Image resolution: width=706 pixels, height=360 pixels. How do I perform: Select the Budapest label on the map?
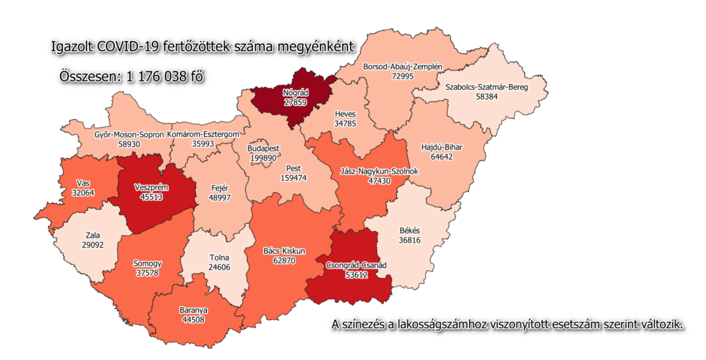click(x=263, y=149)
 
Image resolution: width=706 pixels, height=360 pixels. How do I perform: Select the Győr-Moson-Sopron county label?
click(x=129, y=134)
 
